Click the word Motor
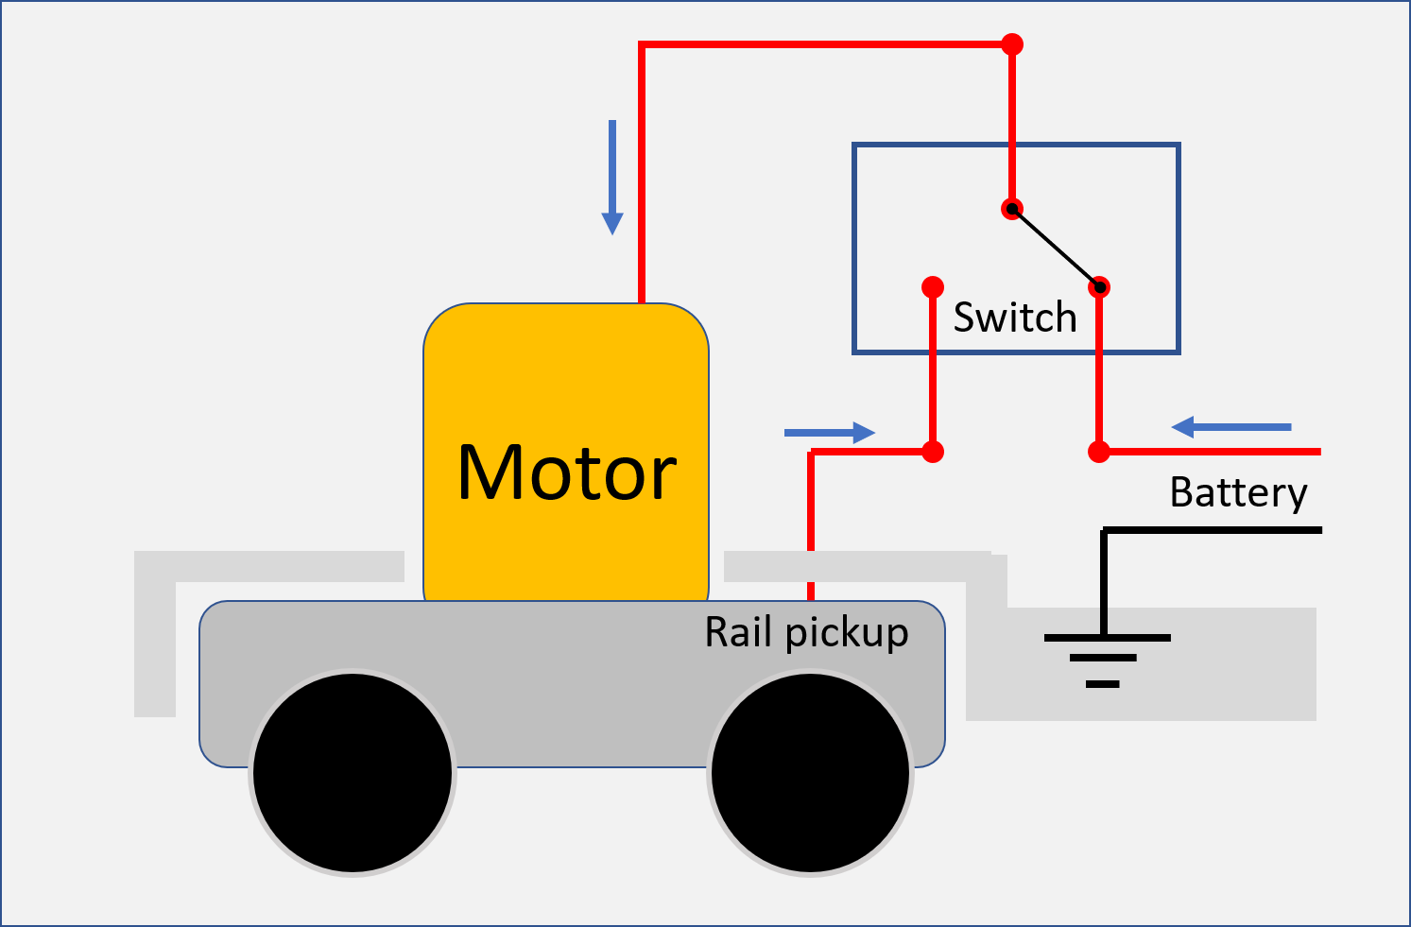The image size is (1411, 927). (567, 472)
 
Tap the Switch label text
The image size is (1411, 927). (1015, 318)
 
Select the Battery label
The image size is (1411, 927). (1238, 492)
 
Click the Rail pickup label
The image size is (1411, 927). (806, 632)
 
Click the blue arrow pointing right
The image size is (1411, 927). (829, 433)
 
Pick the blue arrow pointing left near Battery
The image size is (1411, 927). (1231, 427)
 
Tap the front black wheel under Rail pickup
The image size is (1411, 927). (810, 772)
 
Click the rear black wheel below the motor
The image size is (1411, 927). (353, 772)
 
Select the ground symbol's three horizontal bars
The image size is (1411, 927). (1104, 659)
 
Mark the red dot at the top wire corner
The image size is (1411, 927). (1012, 44)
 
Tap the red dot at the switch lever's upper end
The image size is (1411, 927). (1012, 209)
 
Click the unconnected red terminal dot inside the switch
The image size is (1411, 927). (933, 286)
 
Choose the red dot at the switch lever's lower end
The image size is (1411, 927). (1099, 287)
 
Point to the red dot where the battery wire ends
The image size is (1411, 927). (1099, 452)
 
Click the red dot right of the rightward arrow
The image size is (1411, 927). (933, 452)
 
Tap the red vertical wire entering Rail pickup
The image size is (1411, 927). (811, 529)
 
